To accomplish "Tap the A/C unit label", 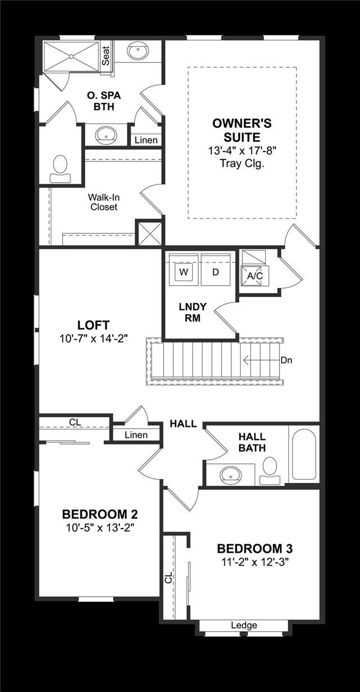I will click(x=255, y=276).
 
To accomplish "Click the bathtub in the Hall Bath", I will click(x=304, y=454).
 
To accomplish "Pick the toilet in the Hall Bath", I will click(x=270, y=470).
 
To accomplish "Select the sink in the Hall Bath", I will click(x=231, y=474).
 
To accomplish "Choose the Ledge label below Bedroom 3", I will click(x=244, y=625).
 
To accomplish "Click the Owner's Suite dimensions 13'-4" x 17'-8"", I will click(x=243, y=150).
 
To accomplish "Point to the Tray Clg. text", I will click(x=243, y=163).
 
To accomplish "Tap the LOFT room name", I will click(x=94, y=325).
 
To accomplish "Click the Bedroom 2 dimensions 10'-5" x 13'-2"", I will click(x=100, y=527).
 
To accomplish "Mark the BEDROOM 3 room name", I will click(x=255, y=548).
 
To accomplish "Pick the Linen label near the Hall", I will click(x=136, y=434).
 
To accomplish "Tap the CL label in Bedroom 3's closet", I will click(x=168, y=578).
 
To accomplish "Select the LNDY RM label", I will click(x=193, y=312).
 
